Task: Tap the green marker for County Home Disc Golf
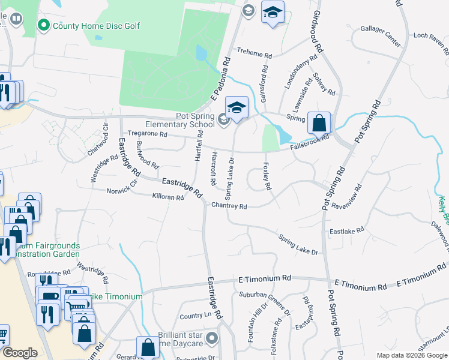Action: tap(43, 25)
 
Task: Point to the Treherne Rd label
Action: tap(254, 53)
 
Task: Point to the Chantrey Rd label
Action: tap(229, 206)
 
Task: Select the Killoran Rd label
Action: tap(168, 196)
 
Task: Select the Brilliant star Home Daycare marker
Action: tap(211, 340)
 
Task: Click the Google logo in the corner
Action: tap(20, 353)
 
